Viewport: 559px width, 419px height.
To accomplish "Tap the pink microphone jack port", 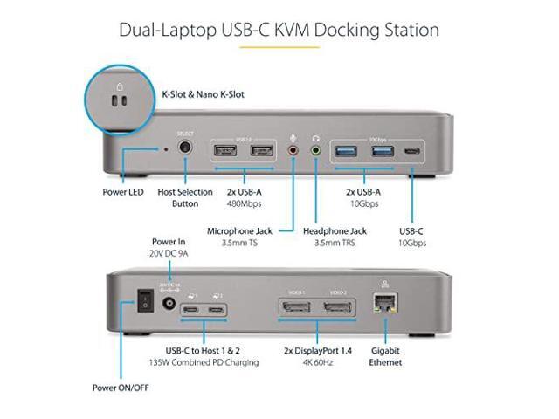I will (293, 150).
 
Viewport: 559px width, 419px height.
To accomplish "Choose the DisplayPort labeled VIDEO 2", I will (339, 308).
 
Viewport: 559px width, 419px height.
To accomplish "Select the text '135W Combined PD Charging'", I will (204, 362).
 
